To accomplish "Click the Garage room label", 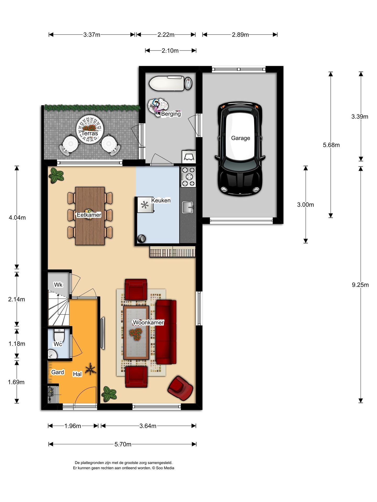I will (x=240, y=138).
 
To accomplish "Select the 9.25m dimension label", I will (x=360, y=285).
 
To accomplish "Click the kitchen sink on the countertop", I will (x=187, y=207).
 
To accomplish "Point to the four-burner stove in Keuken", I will (x=188, y=177).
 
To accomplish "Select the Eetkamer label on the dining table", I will (x=89, y=215).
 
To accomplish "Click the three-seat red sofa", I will (x=166, y=332).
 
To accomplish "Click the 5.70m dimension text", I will (x=123, y=444).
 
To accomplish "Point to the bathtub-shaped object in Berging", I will (x=167, y=83).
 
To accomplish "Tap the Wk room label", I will (x=58, y=284).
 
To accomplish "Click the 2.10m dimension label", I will (x=170, y=51).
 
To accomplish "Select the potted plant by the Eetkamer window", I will (x=56, y=175).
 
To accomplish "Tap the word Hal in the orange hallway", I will (x=77, y=374).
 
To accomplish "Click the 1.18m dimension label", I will (x=17, y=344).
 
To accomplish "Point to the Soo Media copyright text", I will (x=123, y=468).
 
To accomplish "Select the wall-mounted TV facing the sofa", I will (x=103, y=333).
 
